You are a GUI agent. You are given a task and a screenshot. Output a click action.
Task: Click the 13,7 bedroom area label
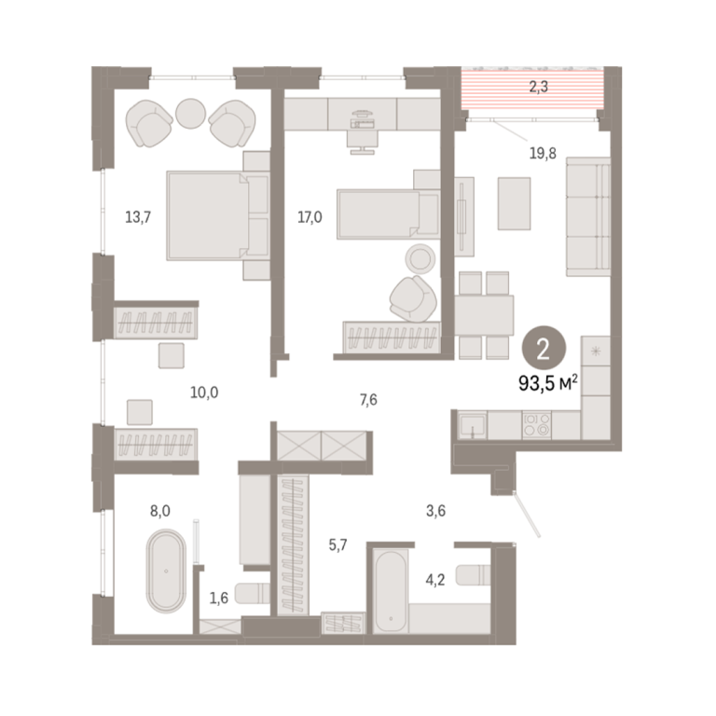pyautogui.click(x=138, y=217)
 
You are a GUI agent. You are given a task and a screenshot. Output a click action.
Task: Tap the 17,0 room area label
pyautogui.click(x=310, y=217)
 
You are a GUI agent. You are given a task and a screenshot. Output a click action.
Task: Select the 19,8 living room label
pyautogui.click(x=543, y=154)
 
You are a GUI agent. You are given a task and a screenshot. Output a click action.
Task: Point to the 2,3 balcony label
pyautogui.click(x=538, y=87)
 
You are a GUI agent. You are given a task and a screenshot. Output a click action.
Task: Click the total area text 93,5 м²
pyautogui.click(x=548, y=383)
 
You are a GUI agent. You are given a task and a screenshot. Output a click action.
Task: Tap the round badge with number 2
pyautogui.click(x=544, y=350)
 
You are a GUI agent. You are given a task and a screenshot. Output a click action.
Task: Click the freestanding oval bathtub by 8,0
pyautogui.click(x=166, y=571)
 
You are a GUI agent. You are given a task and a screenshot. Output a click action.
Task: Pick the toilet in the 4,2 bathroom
pyautogui.click(x=473, y=575)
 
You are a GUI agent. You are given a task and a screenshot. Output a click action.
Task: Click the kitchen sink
pyautogui.click(x=472, y=425)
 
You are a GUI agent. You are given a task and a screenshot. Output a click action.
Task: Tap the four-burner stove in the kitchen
pyautogui.click(x=537, y=425)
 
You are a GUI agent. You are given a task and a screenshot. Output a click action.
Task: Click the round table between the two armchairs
pyautogui.click(x=190, y=114)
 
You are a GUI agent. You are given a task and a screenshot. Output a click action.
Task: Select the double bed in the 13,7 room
pyautogui.click(x=217, y=215)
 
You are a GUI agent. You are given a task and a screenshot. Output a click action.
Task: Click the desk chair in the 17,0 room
pyautogui.click(x=363, y=142)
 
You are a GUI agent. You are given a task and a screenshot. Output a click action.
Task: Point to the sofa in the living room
pyautogui.click(x=588, y=216)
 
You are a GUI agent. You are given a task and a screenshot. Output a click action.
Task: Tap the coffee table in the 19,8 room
pyautogui.click(x=515, y=203)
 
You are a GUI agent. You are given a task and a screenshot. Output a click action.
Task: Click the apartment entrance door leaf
pyautogui.click(x=527, y=514)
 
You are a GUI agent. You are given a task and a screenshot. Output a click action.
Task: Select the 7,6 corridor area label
pyautogui.click(x=368, y=400)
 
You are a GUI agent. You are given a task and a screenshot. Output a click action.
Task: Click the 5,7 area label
pyautogui.click(x=337, y=544)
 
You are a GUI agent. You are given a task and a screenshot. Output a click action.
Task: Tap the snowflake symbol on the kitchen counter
pyautogui.click(x=596, y=351)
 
